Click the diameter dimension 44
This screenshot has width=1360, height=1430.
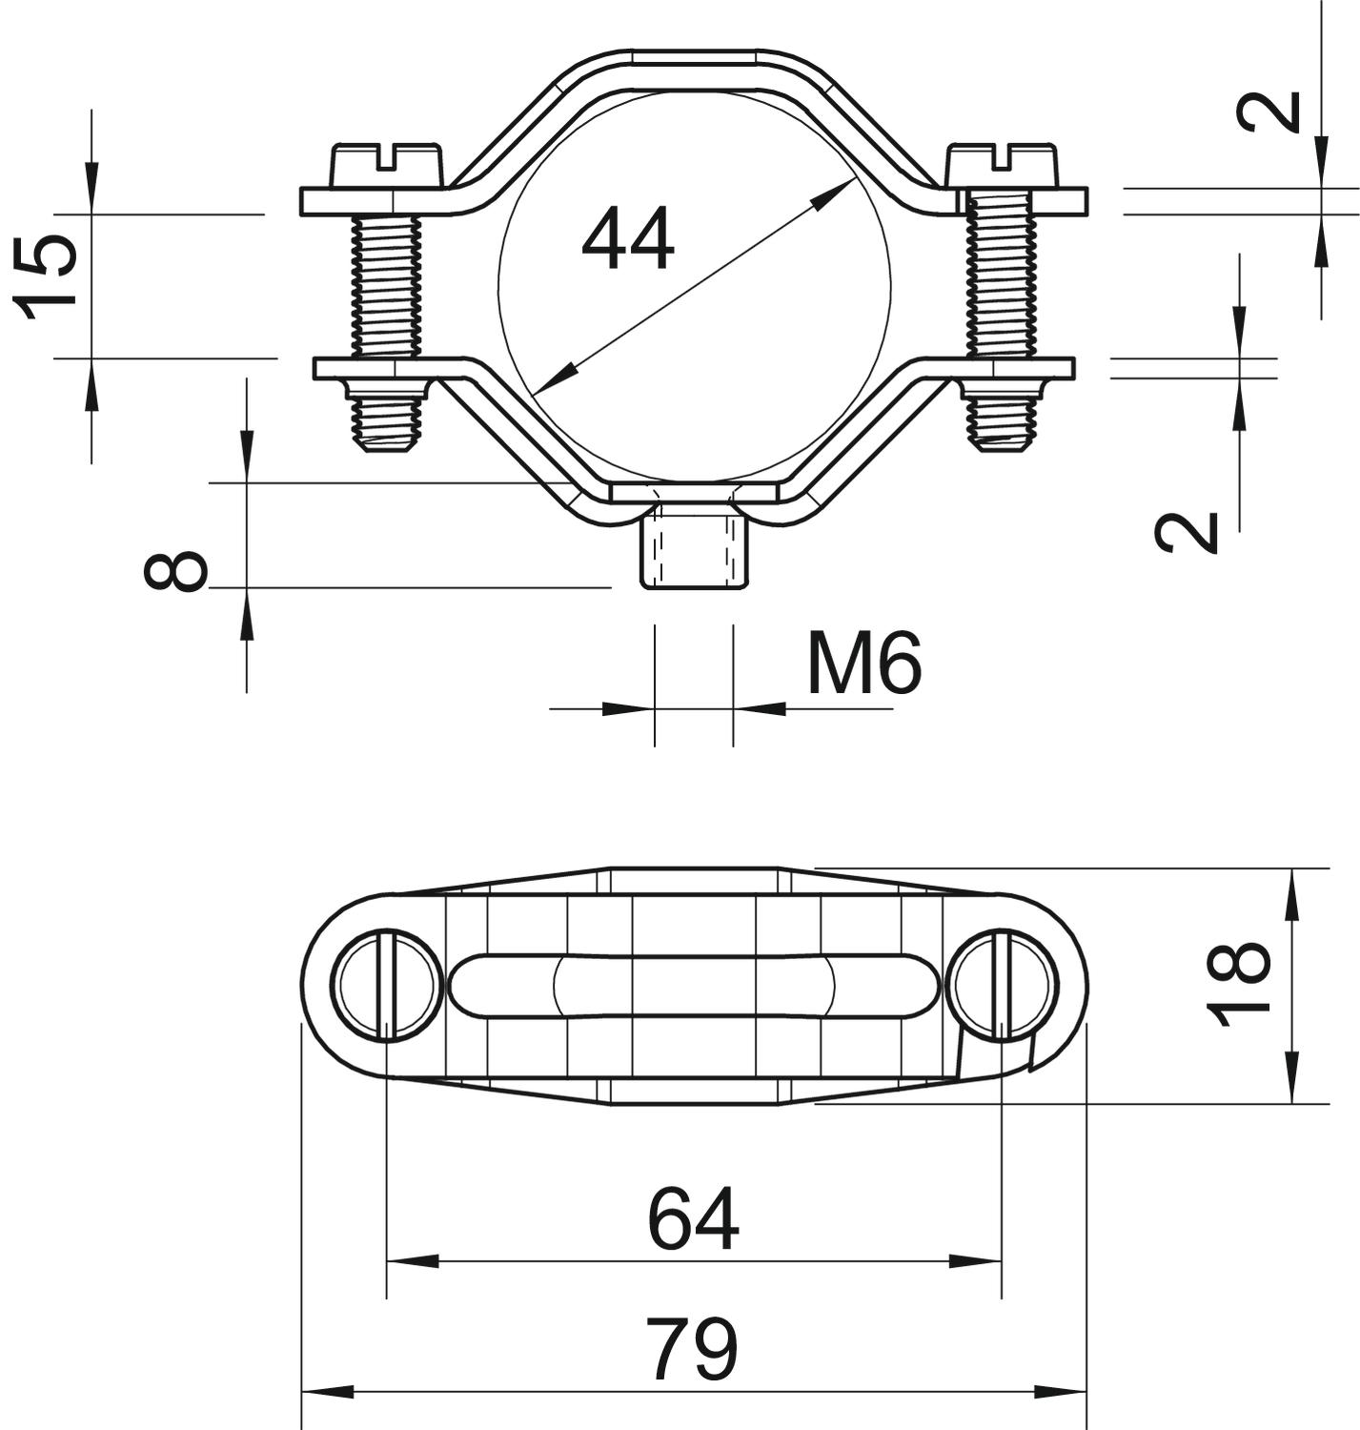pyautogui.click(x=628, y=237)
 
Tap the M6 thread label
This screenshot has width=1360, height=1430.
pyautogui.click(x=864, y=662)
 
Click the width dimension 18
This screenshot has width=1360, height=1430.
pyautogui.click(x=1237, y=984)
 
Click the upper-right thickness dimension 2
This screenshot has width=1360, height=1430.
pyautogui.click(x=1269, y=112)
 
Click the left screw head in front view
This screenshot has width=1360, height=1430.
pyautogui.click(x=387, y=167)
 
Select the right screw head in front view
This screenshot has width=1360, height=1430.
pyautogui.click(x=1001, y=167)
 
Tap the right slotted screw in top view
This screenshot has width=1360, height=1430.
pyautogui.click(x=1004, y=986)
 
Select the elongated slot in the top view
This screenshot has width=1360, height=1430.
pyautogui.click(x=695, y=986)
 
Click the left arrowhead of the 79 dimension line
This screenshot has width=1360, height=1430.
pyautogui.click(x=327, y=1392)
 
